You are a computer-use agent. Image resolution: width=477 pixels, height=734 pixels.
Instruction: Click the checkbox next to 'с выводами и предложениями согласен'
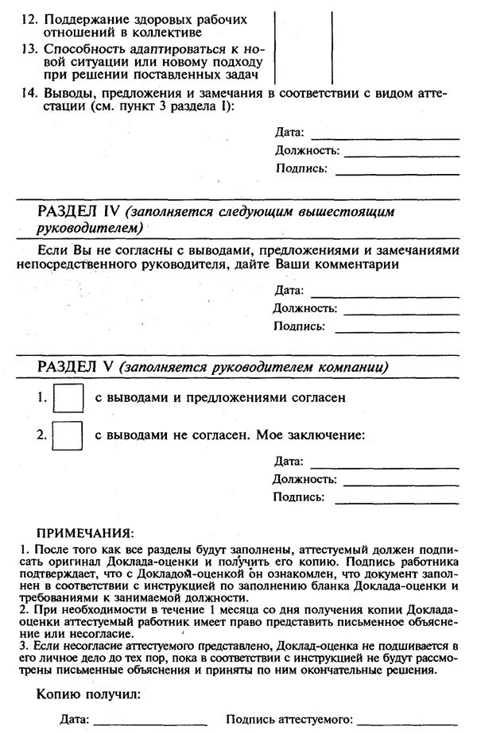point(68,398)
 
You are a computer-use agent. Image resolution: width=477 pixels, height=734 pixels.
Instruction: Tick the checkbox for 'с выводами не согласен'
point(68,435)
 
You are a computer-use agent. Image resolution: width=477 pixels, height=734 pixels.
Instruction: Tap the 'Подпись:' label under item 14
point(301,168)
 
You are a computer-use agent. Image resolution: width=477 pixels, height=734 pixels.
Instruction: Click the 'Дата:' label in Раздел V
point(289,461)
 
